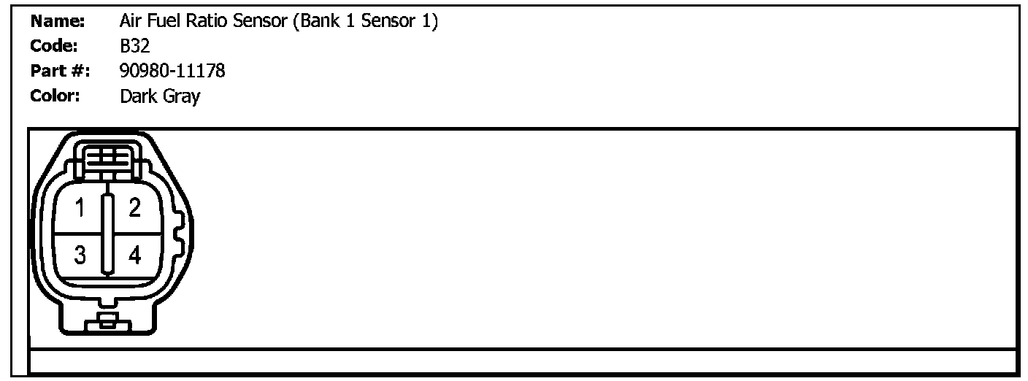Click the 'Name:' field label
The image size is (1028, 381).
click(58, 22)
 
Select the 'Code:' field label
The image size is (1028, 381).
click(54, 46)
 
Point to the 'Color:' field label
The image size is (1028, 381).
click(55, 96)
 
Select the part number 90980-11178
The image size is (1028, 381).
click(172, 71)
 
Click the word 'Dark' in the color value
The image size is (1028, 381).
click(138, 96)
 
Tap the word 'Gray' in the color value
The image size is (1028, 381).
click(180, 96)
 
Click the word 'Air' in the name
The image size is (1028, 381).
click(130, 22)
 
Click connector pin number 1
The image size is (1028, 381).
click(81, 209)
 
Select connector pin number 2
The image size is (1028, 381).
click(134, 209)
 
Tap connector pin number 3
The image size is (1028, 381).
click(80, 255)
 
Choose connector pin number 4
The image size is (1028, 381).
click(134, 255)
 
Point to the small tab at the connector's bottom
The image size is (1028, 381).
click(107, 321)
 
